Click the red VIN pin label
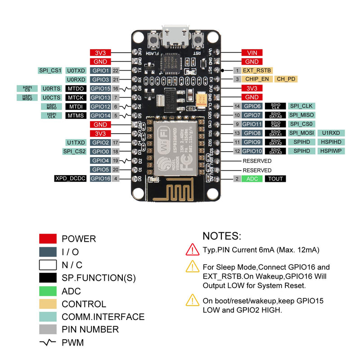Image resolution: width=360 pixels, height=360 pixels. [252, 53]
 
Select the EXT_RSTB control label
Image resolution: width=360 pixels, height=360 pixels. [257, 70]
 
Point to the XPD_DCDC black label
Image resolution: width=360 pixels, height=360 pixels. [70, 179]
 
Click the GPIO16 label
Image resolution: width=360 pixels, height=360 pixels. [100, 179]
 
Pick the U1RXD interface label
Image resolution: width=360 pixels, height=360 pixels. [331, 133]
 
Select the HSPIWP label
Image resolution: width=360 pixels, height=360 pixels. [331, 151]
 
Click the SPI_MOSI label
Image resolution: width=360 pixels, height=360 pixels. [301, 133]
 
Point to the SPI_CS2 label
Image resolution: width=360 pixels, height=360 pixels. [74, 151]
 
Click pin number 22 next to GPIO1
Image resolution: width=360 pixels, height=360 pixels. [116, 71]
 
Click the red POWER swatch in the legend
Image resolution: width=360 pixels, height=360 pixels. [48, 239]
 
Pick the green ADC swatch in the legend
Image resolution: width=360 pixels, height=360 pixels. [48, 291]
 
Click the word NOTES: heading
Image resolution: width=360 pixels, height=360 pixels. [222, 236]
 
